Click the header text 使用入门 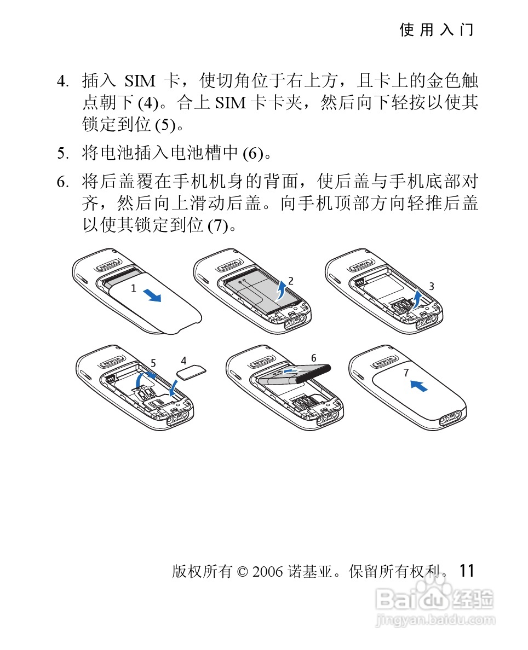click(437, 30)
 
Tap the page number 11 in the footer click(467, 571)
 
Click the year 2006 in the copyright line click(267, 572)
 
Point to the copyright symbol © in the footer click(242, 572)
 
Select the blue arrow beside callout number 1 click(152, 295)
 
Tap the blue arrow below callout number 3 click(416, 300)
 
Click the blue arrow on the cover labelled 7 click(419, 386)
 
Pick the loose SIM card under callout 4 click(191, 372)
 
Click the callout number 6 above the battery click(314, 358)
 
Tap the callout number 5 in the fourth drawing click(153, 363)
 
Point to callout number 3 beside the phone click(432, 286)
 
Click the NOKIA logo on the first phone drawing click(110, 265)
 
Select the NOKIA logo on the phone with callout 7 click(384, 362)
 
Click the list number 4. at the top click(62, 81)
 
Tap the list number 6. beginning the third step click(62, 182)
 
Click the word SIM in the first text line click(140, 81)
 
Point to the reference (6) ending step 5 click(252, 154)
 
